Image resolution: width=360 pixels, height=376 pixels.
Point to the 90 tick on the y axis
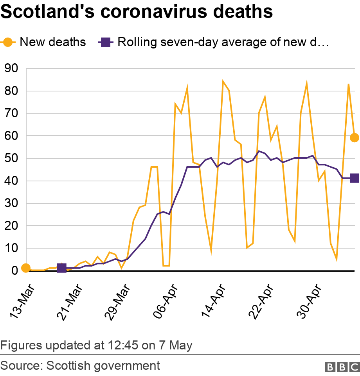pyautogui.click(x=11, y=69)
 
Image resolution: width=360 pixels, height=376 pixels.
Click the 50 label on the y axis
pyautogui.click(x=11, y=159)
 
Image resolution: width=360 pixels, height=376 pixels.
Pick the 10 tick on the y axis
pyautogui.click(x=11, y=249)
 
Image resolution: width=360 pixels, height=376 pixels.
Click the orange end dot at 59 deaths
pyautogui.click(x=354, y=138)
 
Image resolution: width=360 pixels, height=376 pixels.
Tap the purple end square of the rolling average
pyautogui.click(x=354, y=178)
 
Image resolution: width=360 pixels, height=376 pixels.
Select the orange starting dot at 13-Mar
pyautogui.click(x=26, y=268)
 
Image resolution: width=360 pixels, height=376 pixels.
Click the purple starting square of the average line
pyautogui.click(x=62, y=268)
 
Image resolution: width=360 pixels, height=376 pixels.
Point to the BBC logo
pyautogui.click(x=342, y=367)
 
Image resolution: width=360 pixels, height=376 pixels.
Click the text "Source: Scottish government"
pyautogui.click(x=80, y=366)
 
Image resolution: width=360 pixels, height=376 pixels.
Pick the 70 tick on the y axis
pyautogui.click(x=11, y=114)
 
